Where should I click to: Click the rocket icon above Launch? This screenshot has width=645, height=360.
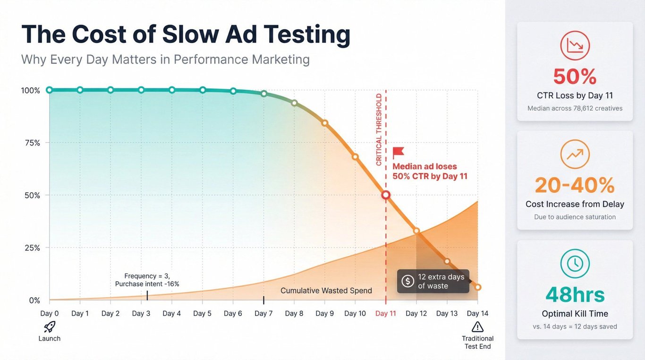coord(50,326)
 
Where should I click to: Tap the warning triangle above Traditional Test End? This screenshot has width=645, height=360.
coord(477,326)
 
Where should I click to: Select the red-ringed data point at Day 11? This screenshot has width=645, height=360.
coord(386,195)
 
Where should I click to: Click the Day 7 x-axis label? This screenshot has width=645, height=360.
coord(263,313)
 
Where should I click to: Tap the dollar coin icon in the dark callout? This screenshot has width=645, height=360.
coord(407,281)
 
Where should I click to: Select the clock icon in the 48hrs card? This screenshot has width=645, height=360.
coord(575,264)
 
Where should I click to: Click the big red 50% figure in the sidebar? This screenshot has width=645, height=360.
coord(575,77)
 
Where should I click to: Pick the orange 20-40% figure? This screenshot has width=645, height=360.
coord(575,185)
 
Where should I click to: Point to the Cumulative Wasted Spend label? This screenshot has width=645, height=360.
coord(326,291)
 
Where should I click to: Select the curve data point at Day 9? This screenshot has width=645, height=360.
coord(325,123)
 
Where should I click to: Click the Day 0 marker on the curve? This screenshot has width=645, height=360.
coord(49,90)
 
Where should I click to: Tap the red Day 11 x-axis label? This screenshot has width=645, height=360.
coord(386,313)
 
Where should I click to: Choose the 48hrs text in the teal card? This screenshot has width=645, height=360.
coord(575,294)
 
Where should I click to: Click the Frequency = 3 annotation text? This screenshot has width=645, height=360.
coord(147,276)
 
